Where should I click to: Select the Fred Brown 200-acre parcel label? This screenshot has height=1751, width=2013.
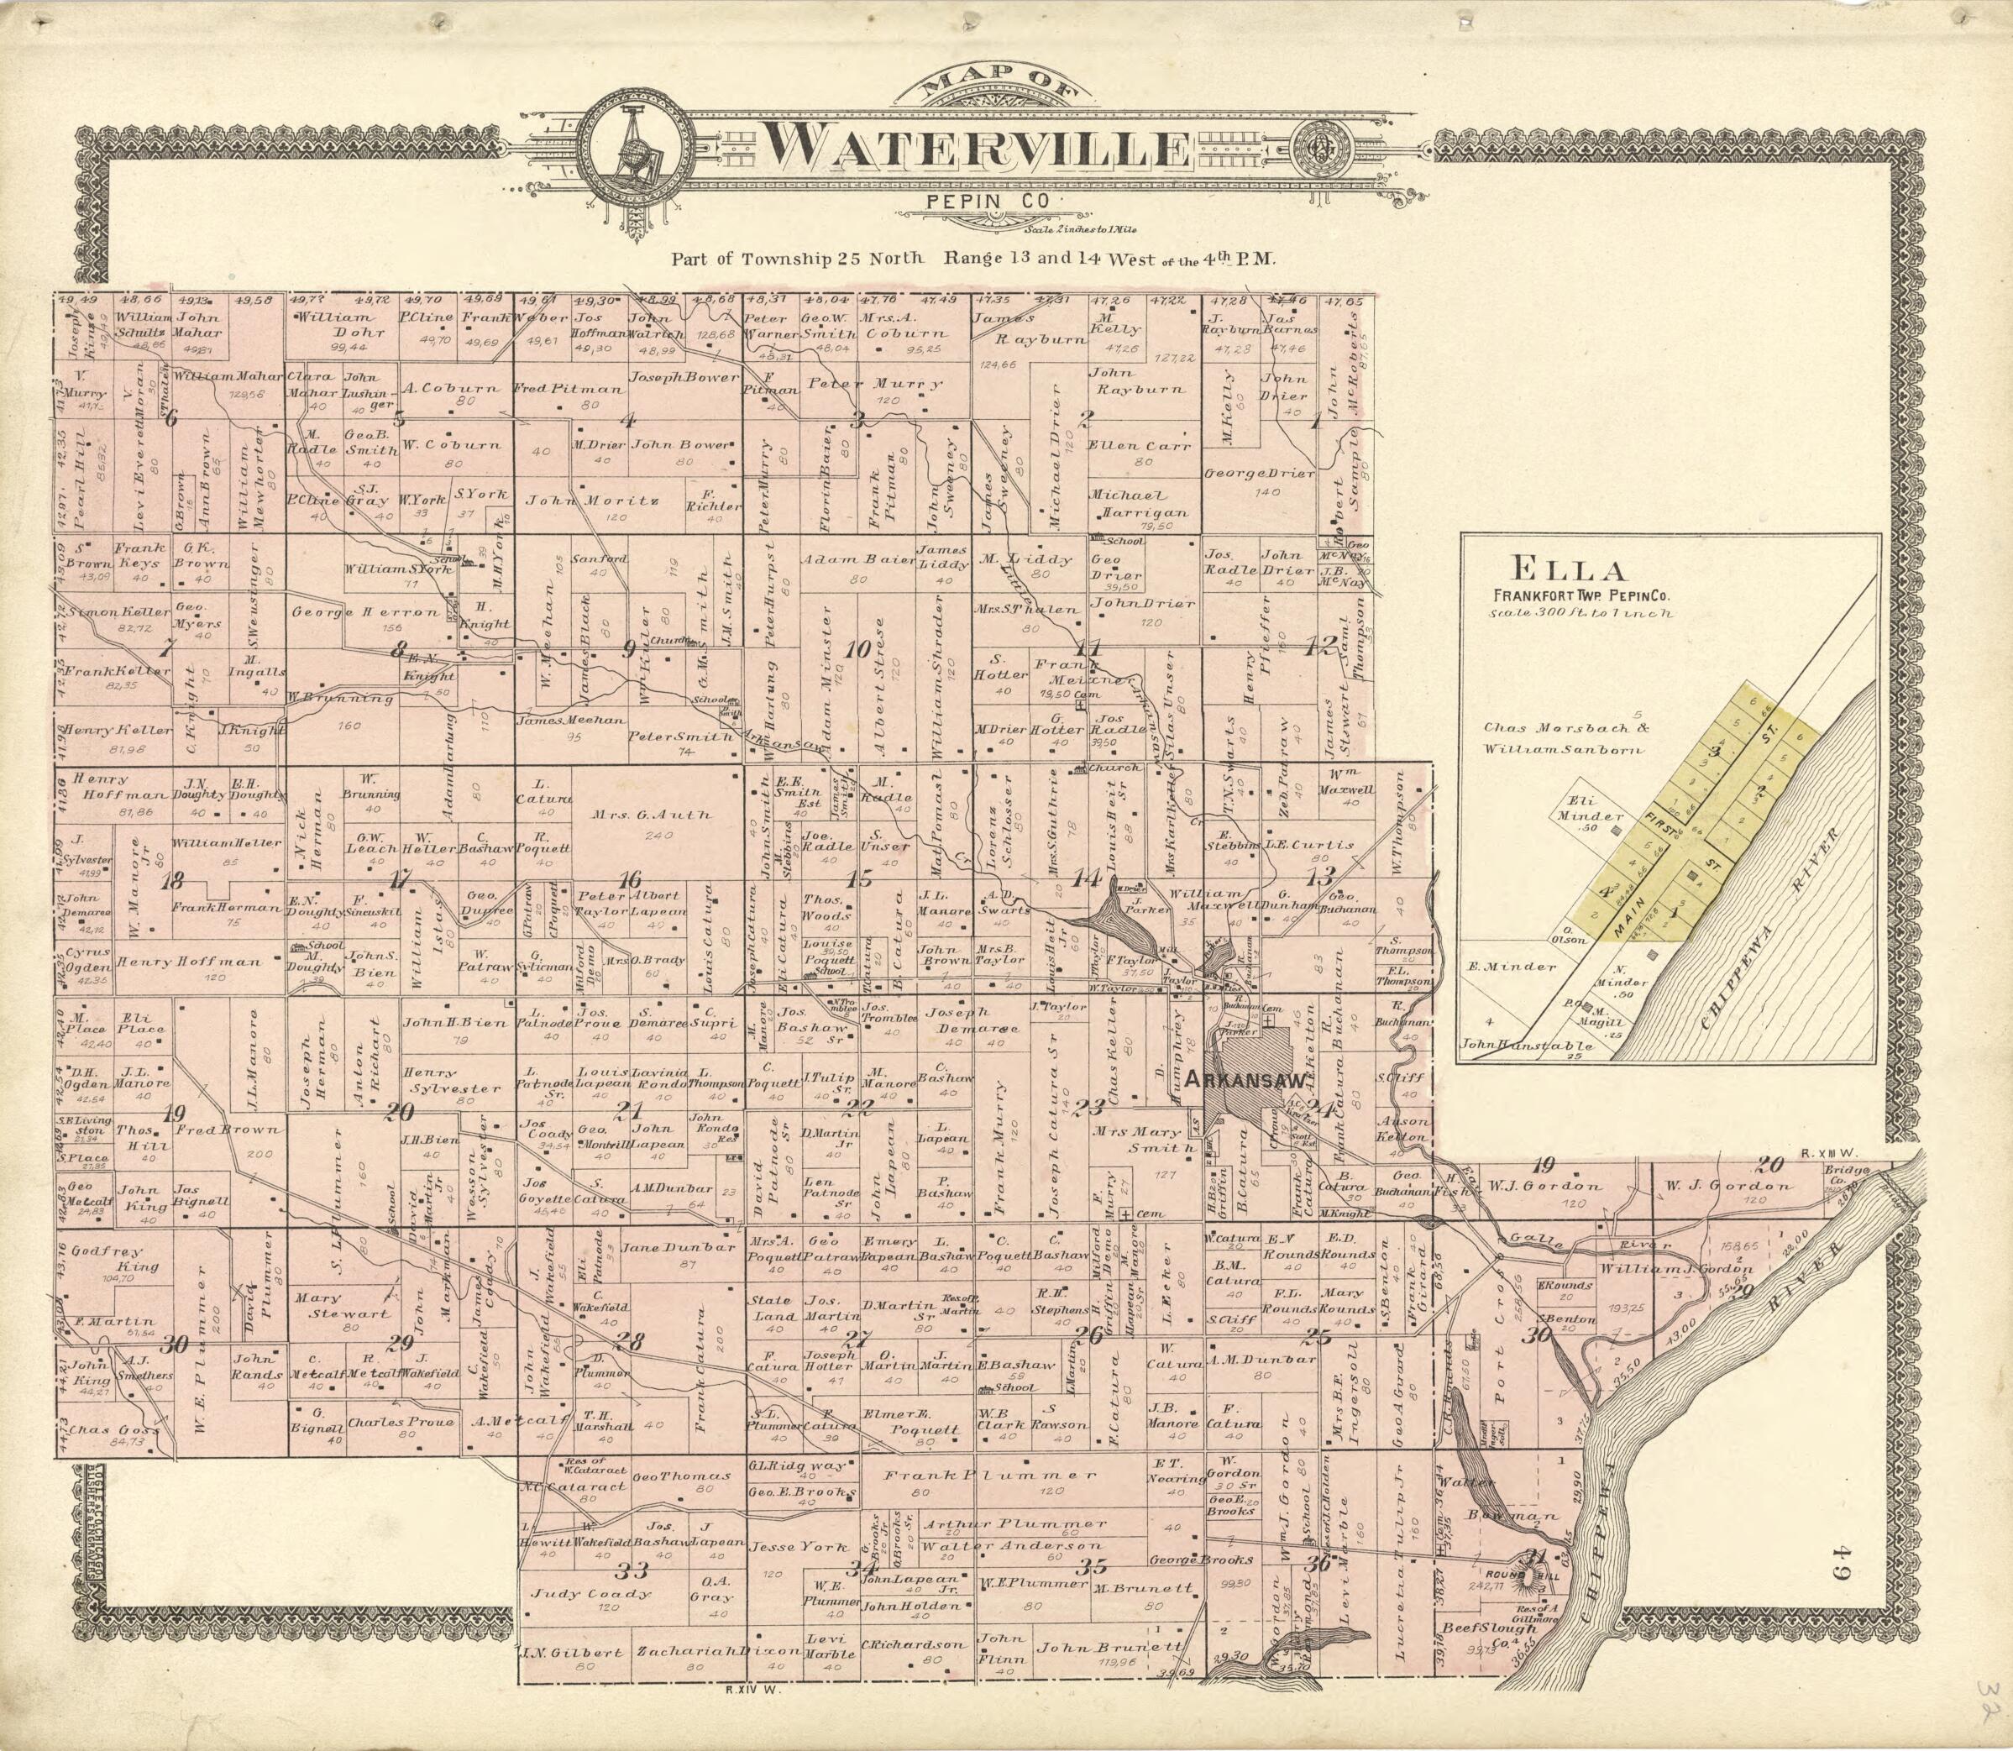click(x=226, y=1130)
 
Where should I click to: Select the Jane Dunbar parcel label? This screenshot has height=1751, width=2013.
click(x=664, y=1248)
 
